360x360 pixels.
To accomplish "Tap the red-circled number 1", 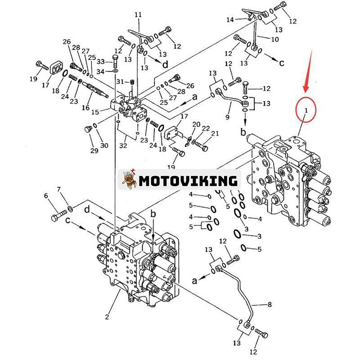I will point(306,110).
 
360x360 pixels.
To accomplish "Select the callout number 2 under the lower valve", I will point(107,317).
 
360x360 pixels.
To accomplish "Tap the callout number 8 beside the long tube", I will point(270,305).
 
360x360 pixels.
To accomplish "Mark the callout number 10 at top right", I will point(274,40).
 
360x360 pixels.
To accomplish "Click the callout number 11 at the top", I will point(138,15).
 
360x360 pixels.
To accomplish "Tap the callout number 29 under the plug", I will point(94,151).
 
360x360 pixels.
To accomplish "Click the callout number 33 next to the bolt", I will point(101,62).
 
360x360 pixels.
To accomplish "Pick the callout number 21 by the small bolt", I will point(215,134).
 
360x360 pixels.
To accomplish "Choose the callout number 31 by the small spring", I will point(119,81).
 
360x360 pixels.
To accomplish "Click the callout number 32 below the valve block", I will point(123,145).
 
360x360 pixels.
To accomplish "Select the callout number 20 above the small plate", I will point(196,124).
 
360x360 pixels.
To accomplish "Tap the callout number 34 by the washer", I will point(101,72).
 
